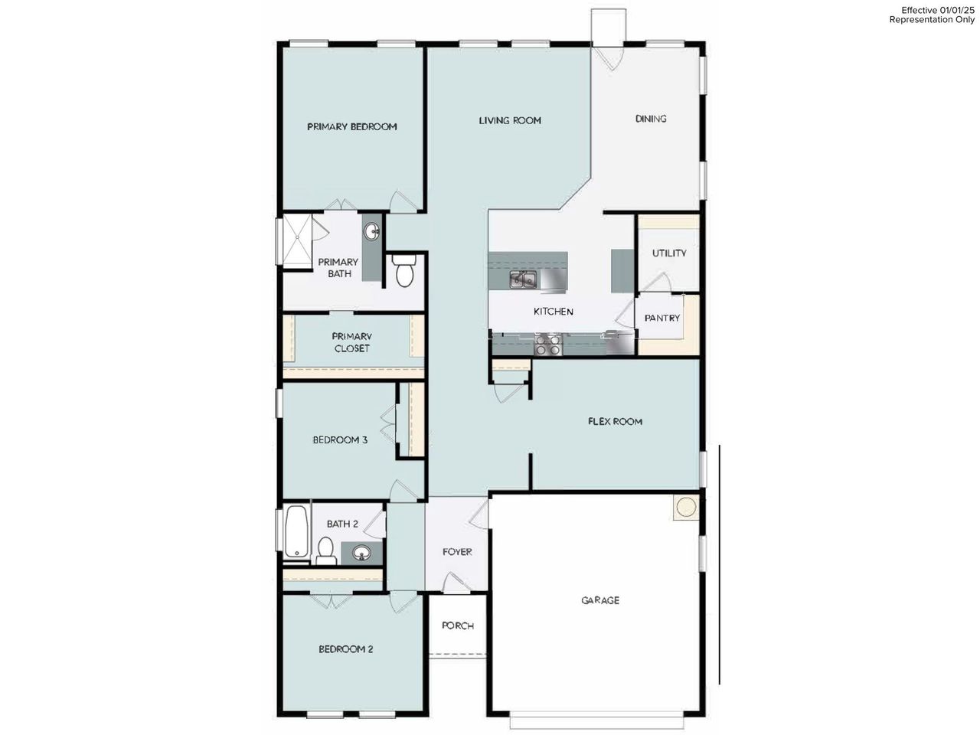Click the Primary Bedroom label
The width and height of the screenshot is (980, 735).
(x=352, y=127)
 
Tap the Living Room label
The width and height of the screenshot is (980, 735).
(x=510, y=120)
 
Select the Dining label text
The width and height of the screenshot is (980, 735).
(x=651, y=119)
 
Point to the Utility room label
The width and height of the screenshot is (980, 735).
(x=669, y=253)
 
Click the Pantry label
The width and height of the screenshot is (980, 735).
(x=662, y=318)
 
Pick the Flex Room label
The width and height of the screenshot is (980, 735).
(x=615, y=421)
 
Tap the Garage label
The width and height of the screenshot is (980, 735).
(x=600, y=600)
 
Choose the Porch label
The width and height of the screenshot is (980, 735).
(x=458, y=626)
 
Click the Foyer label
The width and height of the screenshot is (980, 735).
(x=457, y=552)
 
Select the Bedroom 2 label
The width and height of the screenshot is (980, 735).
(x=346, y=649)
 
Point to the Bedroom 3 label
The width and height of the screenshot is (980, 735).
(x=340, y=440)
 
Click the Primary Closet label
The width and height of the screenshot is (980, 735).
(x=351, y=342)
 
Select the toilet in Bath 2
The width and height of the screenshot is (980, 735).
(x=325, y=550)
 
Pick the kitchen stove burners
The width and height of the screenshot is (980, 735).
(x=547, y=345)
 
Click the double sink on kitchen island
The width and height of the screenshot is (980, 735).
(x=524, y=280)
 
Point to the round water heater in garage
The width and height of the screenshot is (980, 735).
(x=686, y=508)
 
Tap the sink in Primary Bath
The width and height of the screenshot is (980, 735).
(x=371, y=231)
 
